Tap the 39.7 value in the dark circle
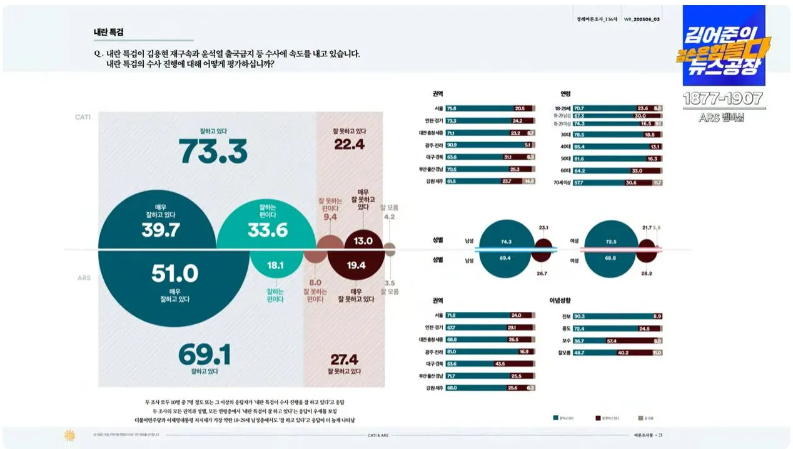pos(160,230)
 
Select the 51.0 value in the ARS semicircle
pos(174,274)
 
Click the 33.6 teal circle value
pos(267,230)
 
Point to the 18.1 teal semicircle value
pos(275,266)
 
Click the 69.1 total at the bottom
pos(204,355)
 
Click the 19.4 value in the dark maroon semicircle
pos(356,266)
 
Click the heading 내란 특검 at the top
pos(108,31)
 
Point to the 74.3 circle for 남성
pos(506,241)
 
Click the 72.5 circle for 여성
pos(610,241)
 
